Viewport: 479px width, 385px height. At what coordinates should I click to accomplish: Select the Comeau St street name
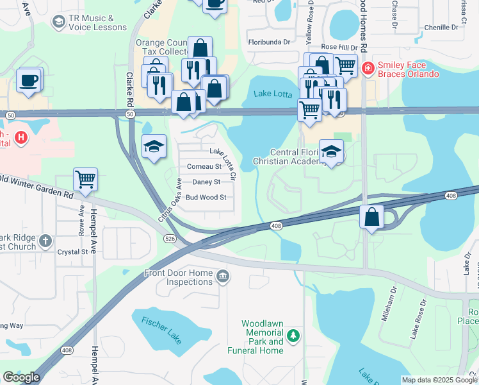tap(204, 166)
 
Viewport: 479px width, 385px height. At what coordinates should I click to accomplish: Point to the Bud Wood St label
tap(206, 197)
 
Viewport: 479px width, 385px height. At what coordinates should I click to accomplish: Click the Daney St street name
tap(206, 182)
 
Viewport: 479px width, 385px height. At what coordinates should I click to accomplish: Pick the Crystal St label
tap(71, 252)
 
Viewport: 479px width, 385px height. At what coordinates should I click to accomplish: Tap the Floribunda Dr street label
tap(269, 42)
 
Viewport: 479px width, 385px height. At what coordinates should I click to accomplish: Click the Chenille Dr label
tap(442, 28)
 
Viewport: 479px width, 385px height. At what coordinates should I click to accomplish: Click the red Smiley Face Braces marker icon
tap(368, 69)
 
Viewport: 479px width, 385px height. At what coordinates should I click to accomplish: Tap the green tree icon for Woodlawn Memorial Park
tap(293, 335)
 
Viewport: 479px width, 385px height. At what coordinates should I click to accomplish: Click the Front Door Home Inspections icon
tap(222, 277)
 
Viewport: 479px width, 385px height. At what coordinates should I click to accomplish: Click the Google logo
tap(21, 377)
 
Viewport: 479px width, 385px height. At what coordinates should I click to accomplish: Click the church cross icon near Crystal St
tap(44, 241)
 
